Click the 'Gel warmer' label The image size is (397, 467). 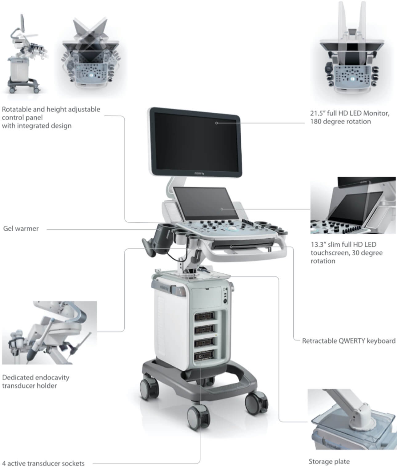(x=21, y=228)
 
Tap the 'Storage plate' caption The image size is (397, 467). (x=329, y=461)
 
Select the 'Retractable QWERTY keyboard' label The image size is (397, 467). (x=349, y=341)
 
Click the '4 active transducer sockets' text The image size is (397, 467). (x=43, y=463)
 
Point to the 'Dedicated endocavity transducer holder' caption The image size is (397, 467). (x=36, y=382)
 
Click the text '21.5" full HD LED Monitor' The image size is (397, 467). (x=350, y=113)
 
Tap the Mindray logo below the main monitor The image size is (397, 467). (x=199, y=173)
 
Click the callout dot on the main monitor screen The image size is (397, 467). (x=216, y=123)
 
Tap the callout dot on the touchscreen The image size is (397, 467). (x=222, y=209)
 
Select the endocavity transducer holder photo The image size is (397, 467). (x=50, y=332)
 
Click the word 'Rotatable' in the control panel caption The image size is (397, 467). (x=17, y=109)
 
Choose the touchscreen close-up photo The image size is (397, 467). (x=353, y=205)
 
